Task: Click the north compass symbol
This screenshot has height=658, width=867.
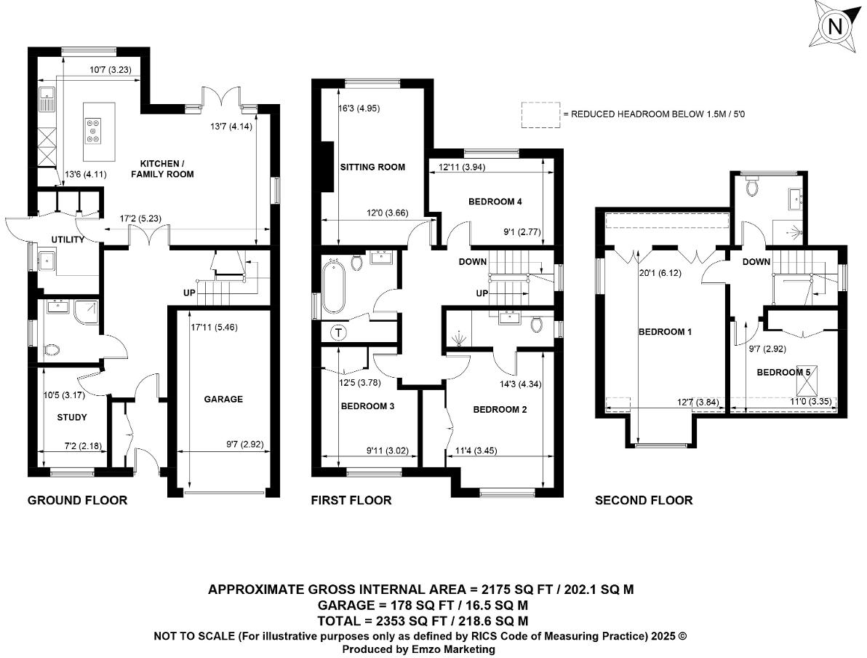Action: (x=835, y=27)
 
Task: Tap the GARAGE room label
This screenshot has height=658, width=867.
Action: (x=223, y=399)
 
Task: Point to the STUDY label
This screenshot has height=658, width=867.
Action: (x=71, y=418)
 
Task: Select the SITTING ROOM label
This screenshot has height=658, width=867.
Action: (x=372, y=167)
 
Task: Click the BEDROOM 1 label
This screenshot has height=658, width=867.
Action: (x=665, y=332)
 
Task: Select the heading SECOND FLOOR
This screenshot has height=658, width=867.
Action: (x=643, y=500)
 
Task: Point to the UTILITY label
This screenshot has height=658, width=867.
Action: (x=68, y=239)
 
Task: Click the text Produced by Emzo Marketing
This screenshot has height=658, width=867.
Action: (x=418, y=649)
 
